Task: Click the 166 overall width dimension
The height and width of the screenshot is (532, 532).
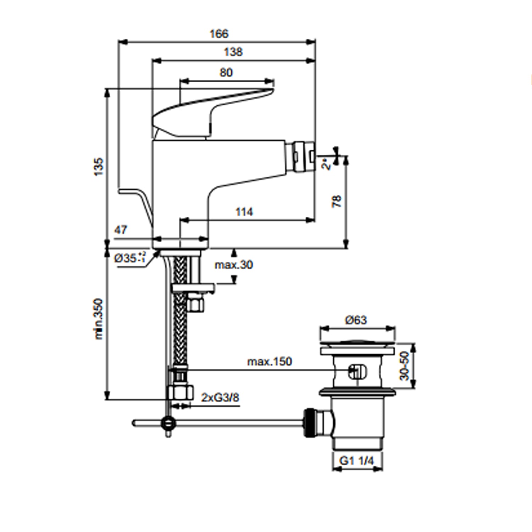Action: coord(219,34)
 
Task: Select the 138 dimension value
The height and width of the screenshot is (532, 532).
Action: coord(233,52)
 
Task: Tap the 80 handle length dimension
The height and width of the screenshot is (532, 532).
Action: coord(226,73)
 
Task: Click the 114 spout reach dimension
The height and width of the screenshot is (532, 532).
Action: coord(244,212)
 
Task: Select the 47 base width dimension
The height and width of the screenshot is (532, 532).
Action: coord(121,230)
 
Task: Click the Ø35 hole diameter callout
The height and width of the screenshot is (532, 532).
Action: coord(129,258)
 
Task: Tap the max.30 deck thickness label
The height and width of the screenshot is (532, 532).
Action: coord(234,265)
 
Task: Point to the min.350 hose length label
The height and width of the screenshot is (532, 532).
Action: coord(99,319)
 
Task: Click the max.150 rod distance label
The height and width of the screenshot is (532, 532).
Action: coord(270,362)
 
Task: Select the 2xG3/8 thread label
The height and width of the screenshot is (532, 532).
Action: coord(220,398)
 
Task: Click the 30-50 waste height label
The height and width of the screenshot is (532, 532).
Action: coord(405,366)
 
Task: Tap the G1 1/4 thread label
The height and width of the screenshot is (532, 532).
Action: coord(356,461)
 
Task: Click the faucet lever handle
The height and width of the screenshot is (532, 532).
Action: coord(213,106)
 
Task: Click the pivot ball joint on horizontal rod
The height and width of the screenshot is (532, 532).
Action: coord(168,422)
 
